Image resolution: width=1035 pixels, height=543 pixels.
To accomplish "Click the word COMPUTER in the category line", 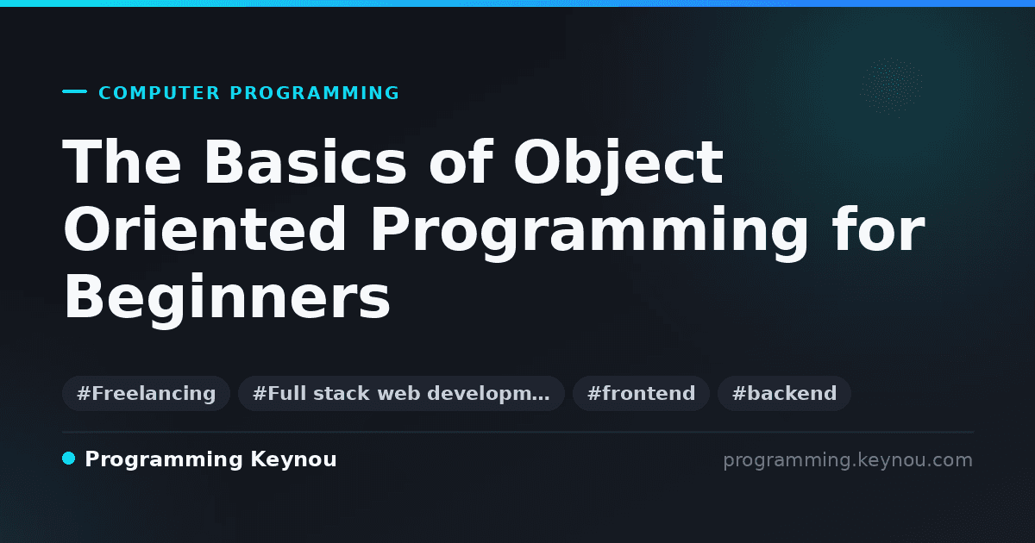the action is click(x=159, y=93).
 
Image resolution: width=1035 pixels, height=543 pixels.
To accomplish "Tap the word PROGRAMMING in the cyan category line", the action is click(x=314, y=93).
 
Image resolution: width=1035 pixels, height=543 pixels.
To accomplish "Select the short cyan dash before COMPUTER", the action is click(x=74, y=91).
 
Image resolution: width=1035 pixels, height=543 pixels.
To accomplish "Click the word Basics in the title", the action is click(x=305, y=162).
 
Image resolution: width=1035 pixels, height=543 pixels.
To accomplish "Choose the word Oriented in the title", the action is click(x=204, y=229).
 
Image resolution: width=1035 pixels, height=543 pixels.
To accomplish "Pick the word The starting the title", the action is click(x=122, y=162).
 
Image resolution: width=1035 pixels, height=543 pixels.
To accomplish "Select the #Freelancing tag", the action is click(x=146, y=393).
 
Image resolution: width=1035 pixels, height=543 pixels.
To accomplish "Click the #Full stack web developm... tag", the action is click(x=401, y=393).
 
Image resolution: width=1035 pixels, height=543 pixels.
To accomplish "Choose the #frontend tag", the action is click(x=641, y=393).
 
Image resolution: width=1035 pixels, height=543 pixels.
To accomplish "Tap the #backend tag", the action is click(x=784, y=393).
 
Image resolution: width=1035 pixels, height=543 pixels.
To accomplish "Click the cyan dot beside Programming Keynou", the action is click(x=68, y=459).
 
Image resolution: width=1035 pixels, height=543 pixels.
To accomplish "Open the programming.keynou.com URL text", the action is click(x=848, y=460).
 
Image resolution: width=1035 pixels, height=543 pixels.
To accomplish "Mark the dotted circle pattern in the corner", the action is click(x=891, y=87).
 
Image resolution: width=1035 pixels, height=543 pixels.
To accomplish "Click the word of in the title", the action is click(x=461, y=162).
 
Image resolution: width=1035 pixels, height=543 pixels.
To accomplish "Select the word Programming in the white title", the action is click(x=588, y=234).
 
